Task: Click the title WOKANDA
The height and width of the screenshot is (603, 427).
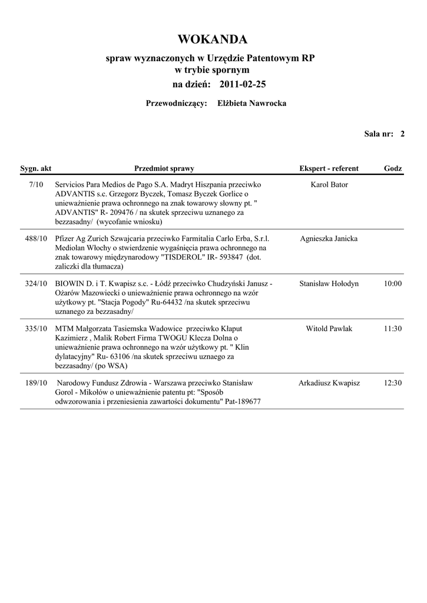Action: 213,39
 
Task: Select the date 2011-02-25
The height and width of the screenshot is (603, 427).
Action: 243,85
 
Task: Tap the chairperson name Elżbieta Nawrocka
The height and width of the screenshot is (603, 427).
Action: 252,104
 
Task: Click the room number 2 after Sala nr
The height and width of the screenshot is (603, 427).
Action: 402,134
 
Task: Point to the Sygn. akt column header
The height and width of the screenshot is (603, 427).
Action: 36,168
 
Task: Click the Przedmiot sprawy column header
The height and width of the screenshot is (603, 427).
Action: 164,168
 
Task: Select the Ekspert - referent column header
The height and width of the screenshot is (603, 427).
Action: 329,168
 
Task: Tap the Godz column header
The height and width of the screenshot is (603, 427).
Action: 393,168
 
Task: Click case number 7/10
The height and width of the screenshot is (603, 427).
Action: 36,185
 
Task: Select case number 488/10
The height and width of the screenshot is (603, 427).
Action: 36,239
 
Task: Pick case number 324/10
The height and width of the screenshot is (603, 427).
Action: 36,284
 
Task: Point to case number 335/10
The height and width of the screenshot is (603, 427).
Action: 36,329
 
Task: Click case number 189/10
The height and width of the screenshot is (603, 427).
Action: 36,383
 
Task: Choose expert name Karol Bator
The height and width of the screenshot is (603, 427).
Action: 329,185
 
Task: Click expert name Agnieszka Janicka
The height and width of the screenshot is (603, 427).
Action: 329,239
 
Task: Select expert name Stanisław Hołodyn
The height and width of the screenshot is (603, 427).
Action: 329,284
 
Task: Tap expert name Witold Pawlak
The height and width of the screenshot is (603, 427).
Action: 329,329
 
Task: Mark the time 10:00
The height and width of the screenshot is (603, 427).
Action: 393,284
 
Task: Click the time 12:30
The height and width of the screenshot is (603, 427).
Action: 393,383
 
